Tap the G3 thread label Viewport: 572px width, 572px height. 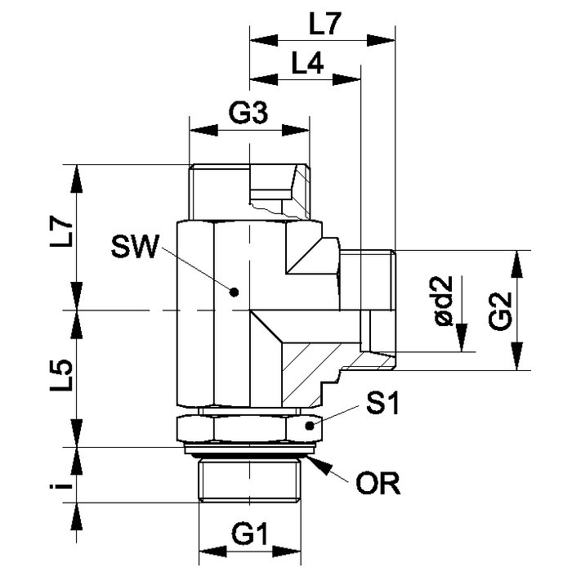(x=249, y=114)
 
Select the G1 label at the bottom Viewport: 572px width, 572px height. (x=249, y=535)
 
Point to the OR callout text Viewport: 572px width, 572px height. (x=378, y=483)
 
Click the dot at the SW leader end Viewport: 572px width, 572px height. (x=234, y=292)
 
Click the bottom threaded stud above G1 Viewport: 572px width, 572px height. (x=249, y=481)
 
